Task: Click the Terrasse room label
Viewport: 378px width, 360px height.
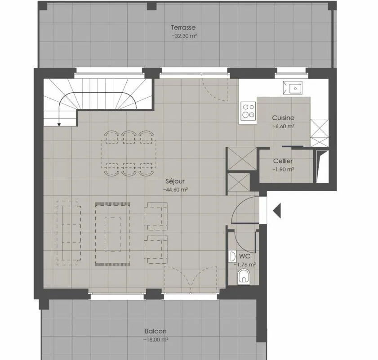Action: tap(183, 27)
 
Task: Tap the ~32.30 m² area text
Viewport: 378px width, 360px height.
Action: tap(184, 36)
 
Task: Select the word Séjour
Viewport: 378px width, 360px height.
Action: tap(175, 181)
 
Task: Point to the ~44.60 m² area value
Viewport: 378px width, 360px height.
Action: tap(175, 189)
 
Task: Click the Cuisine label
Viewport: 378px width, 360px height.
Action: tap(283, 118)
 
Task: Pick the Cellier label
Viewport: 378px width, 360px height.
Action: tap(283, 161)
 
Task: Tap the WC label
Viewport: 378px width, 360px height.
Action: tap(245, 256)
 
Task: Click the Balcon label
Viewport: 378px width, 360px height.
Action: tap(156, 331)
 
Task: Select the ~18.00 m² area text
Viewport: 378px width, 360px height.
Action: tap(156, 340)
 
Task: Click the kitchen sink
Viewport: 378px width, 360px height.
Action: tap(293, 88)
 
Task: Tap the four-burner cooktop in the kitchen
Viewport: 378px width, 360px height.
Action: tap(248, 111)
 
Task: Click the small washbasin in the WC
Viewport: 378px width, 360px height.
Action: tap(232, 257)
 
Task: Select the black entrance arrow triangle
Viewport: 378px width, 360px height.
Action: tap(277, 211)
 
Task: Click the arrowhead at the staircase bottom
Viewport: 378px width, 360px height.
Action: tap(59, 125)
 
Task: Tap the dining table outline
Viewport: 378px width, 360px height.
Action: tap(129, 154)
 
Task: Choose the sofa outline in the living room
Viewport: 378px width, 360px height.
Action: tap(69, 233)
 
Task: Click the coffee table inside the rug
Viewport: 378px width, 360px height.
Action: tap(112, 234)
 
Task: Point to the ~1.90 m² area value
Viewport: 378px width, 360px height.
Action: tap(283, 169)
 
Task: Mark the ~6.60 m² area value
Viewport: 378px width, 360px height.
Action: tap(283, 126)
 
